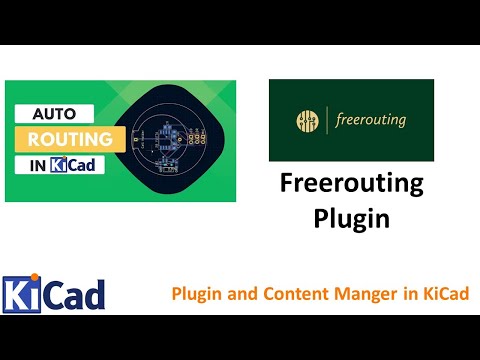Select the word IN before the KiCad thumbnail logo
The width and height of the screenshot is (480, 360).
point(37,164)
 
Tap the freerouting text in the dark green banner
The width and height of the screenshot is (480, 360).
point(373,122)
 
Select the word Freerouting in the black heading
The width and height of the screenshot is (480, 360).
point(351,185)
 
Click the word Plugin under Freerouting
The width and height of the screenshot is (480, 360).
point(351,217)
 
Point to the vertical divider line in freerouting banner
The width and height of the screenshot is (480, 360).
point(327,122)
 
